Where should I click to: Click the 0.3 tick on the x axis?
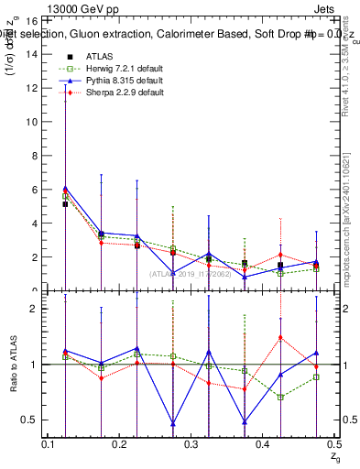tap(190, 443)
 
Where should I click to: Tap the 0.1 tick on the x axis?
tap(48, 443)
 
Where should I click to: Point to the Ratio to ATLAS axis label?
tap(12, 365)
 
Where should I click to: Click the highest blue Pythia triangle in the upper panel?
tap(65, 189)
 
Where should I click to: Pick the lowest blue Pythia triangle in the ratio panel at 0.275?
tap(172, 423)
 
